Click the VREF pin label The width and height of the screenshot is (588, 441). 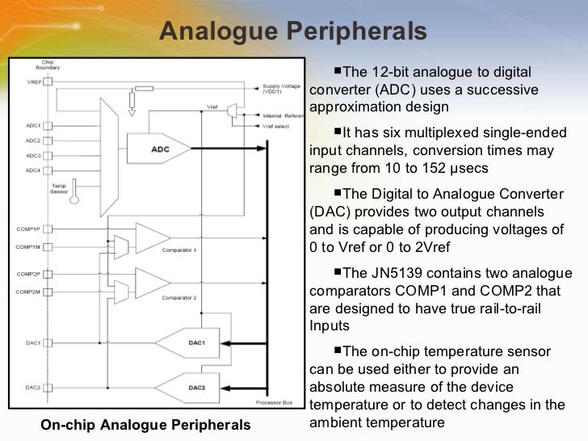point(34,82)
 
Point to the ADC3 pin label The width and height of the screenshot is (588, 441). point(33,155)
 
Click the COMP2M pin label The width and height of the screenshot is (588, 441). point(30,290)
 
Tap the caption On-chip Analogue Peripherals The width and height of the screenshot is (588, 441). point(146,425)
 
